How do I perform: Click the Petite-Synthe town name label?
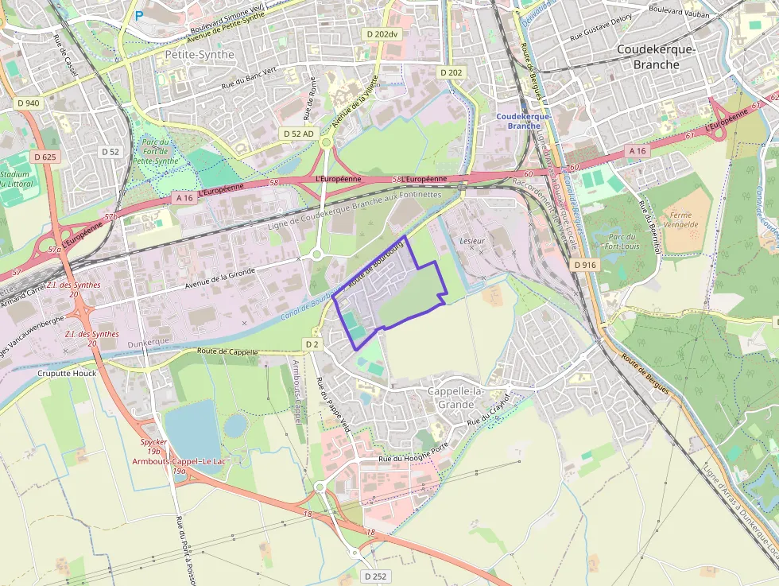click(200, 55)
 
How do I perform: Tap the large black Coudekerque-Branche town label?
click(657, 57)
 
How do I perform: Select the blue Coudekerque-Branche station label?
click(523, 121)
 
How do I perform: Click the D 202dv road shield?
click(382, 34)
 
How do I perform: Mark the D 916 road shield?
click(584, 264)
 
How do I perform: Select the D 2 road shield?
click(311, 343)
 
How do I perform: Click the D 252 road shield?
click(376, 576)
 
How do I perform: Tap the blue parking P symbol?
click(139, 14)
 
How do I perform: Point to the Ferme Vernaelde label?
click(680, 219)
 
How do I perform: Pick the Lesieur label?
click(472, 239)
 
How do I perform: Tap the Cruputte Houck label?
click(67, 373)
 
